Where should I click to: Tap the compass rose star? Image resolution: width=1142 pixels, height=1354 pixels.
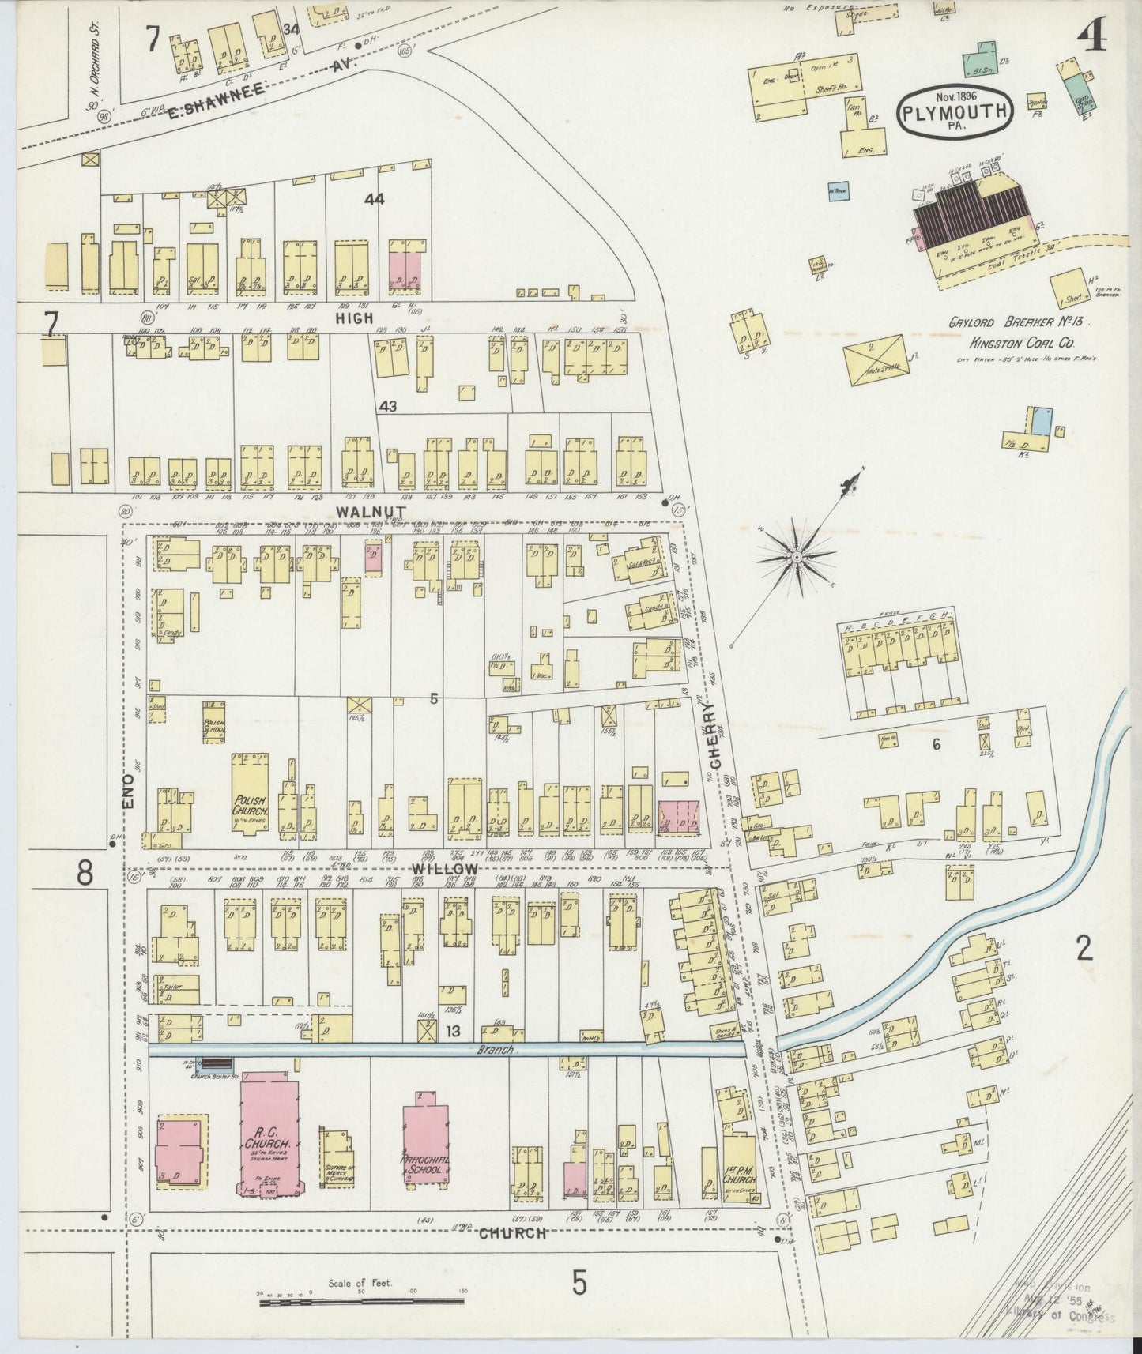796,558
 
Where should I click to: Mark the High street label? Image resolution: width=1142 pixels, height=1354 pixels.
353,318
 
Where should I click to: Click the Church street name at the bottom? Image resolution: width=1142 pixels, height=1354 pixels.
513,1232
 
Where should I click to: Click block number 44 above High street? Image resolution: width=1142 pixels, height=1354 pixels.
375,200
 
